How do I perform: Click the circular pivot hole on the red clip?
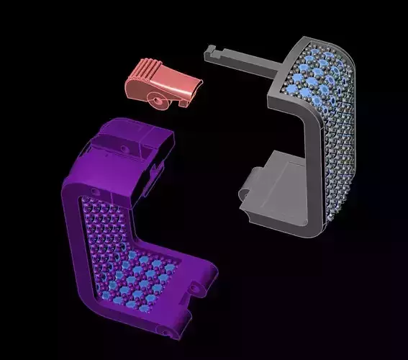[156, 97]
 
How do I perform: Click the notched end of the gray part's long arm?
[211, 52]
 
